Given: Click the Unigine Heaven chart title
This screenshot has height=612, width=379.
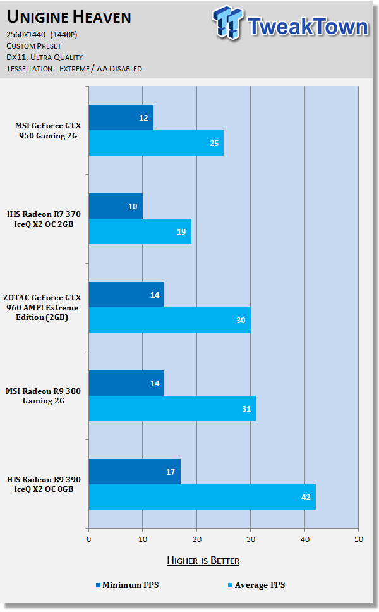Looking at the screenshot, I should (69, 16).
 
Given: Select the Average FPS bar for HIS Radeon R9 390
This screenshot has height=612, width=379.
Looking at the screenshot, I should (202, 497).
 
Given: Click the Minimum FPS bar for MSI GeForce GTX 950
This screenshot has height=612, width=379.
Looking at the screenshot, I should (121, 118).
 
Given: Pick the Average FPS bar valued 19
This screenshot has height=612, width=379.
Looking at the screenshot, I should (140, 231).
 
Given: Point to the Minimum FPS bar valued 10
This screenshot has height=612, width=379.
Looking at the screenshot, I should (116, 206).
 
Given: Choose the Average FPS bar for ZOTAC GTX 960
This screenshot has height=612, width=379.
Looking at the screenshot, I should (169, 320).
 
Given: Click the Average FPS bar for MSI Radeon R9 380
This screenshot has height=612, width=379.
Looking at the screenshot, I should (172, 408).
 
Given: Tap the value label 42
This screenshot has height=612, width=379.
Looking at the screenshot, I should (304, 497).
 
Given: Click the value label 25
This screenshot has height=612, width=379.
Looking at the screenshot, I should (214, 143).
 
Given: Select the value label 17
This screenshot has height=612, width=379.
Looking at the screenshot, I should (170, 472).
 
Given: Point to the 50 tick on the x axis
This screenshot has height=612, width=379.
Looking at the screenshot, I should (358, 539).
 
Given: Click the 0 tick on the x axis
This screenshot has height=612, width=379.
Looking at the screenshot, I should (88, 539).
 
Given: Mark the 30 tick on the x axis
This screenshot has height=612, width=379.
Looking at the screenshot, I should (251, 539).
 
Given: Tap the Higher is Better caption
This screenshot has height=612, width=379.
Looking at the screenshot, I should (203, 560).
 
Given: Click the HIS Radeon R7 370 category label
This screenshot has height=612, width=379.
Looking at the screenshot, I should (54, 219).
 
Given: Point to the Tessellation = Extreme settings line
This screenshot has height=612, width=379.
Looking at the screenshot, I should (75, 68).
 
